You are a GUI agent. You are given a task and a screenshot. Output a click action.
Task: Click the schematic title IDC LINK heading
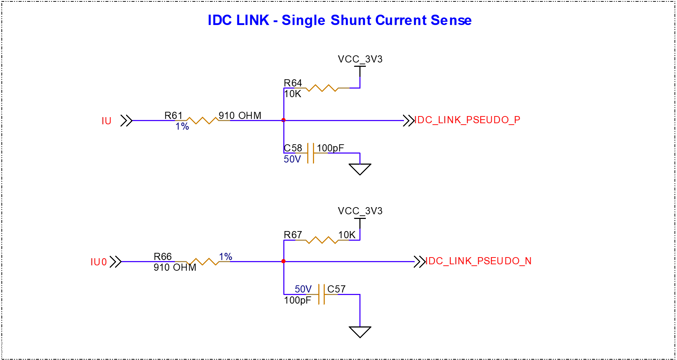tap(339, 20)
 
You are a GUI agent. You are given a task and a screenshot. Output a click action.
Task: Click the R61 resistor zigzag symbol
tap(203, 120)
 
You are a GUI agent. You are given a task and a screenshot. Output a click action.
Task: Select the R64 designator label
tap(293, 83)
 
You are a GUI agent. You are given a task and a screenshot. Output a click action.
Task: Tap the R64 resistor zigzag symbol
tap(322, 88)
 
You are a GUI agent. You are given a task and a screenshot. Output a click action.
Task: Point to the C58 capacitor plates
tap(311, 153)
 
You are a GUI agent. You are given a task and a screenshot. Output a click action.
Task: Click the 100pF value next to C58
tap(330, 148)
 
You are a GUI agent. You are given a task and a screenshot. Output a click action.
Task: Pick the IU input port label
tap(106, 121)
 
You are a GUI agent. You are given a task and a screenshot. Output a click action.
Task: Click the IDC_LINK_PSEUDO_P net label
tap(467, 120)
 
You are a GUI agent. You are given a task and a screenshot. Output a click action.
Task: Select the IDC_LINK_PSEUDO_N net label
tap(478, 261)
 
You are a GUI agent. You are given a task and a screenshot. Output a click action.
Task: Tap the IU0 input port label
tap(99, 262)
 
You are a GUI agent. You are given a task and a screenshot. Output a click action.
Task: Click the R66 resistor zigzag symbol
tap(203, 261)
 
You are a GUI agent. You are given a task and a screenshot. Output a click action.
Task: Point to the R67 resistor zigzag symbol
tap(322, 240)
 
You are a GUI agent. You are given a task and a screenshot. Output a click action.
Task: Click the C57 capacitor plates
tap(322, 294)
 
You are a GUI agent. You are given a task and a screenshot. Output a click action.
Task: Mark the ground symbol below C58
tap(360, 169)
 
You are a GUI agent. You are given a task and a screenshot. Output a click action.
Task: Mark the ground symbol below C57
tap(360, 331)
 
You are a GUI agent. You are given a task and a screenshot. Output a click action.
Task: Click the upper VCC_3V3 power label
tap(360, 59)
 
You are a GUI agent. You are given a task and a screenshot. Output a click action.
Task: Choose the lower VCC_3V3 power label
tap(360, 211)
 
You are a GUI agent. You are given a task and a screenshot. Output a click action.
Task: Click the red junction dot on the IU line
tap(284, 120)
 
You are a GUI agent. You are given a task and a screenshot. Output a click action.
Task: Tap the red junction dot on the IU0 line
tap(284, 261)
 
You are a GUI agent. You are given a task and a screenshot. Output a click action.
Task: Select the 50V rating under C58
tap(292, 159)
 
